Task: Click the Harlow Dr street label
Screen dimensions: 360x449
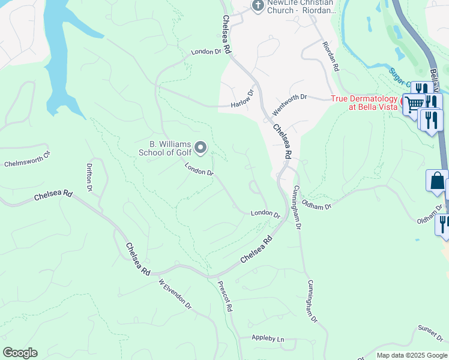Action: (x=243, y=99)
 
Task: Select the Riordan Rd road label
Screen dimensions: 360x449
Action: (x=330, y=57)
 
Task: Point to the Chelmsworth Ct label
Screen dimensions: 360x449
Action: (x=28, y=158)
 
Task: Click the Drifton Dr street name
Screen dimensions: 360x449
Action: (x=89, y=178)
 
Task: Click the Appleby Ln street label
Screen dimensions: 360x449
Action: (x=268, y=338)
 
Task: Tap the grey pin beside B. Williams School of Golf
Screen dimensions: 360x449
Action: (x=201, y=147)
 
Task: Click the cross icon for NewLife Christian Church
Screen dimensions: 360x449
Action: (x=258, y=6)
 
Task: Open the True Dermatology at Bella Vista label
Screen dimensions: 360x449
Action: (x=364, y=103)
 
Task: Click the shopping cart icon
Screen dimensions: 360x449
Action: (x=413, y=104)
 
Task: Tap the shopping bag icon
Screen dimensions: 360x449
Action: (x=436, y=180)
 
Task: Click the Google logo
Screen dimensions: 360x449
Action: (x=20, y=353)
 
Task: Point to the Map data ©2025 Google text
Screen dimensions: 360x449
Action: (x=411, y=355)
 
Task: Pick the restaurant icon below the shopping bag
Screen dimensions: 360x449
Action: (x=443, y=223)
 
